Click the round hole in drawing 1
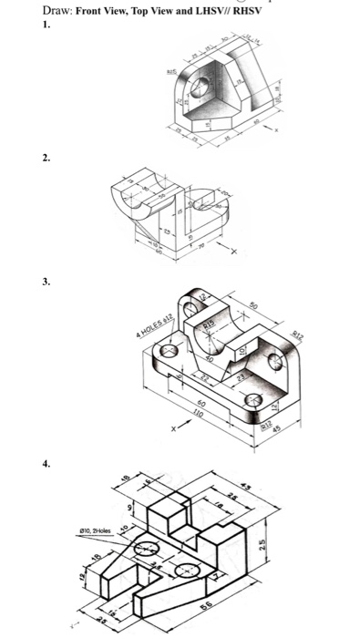tap(201, 88)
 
